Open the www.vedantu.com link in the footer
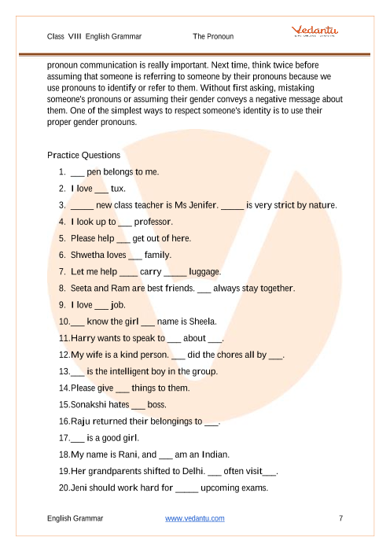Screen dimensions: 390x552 195,518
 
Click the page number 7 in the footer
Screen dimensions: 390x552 340,518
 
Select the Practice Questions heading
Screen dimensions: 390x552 83,155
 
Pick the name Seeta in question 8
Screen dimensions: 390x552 81,288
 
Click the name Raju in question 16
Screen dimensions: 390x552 80,421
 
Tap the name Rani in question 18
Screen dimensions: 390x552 128,454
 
